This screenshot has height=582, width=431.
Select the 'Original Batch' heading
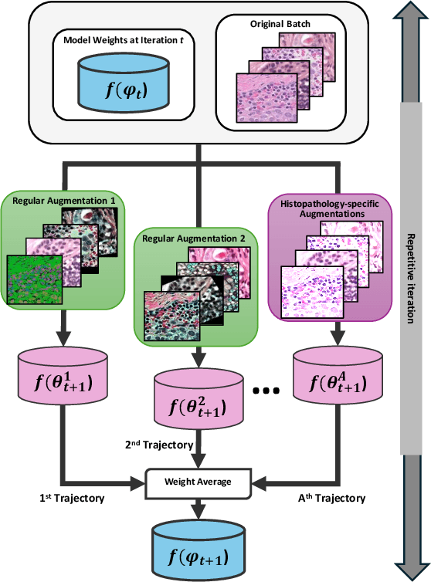276,24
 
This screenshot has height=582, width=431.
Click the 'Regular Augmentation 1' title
59,201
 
